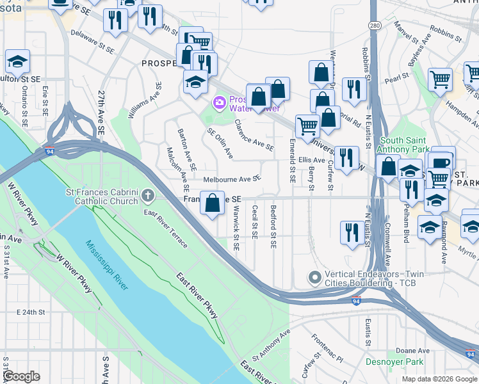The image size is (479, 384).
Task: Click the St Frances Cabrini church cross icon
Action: (x=148, y=195)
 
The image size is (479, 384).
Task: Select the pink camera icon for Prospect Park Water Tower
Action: (x=220, y=102)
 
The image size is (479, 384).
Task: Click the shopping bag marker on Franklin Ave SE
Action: (x=213, y=204)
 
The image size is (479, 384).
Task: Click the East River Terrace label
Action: (x=166, y=228)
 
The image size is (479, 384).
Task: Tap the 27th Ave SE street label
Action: (x=101, y=112)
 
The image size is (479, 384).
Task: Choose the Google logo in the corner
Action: (x=22, y=376)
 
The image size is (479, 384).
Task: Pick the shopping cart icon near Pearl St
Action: (x=440, y=80)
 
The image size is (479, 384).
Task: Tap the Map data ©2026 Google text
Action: (x=439, y=379)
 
